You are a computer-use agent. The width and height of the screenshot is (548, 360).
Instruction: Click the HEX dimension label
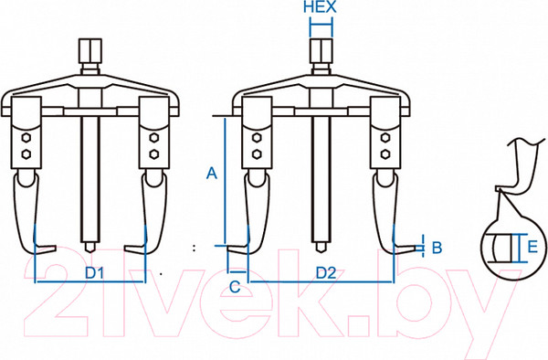(x=320, y=7)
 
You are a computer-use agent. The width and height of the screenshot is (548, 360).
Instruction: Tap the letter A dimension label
(x=212, y=174)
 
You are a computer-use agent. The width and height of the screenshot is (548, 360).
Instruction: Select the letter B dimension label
(x=437, y=248)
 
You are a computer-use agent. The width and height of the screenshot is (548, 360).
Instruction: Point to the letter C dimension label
(x=235, y=287)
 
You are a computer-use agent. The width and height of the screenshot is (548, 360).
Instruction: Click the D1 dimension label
(x=95, y=273)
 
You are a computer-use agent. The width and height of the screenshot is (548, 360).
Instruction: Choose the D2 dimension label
(x=326, y=272)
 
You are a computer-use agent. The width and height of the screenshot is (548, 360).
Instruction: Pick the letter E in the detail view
(x=532, y=247)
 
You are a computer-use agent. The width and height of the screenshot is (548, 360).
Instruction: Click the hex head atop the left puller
(x=90, y=50)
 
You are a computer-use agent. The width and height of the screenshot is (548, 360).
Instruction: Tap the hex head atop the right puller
(x=321, y=50)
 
